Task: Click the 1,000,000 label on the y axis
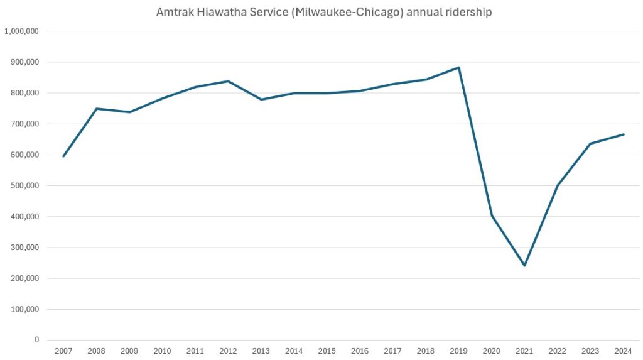click(x=22, y=31)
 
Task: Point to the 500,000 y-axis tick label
click(x=24, y=186)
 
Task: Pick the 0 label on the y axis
click(x=36, y=340)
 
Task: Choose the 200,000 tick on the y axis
click(x=24, y=278)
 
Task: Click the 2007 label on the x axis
click(x=63, y=351)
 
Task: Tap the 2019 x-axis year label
click(x=458, y=351)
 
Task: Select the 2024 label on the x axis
click(x=623, y=351)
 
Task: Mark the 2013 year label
click(x=261, y=351)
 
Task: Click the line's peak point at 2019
click(x=458, y=67)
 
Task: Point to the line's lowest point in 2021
click(x=524, y=265)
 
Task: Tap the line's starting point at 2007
click(x=63, y=156)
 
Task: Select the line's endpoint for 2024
click(x=623, y=134)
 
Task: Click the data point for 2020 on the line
click(x=492, y=215)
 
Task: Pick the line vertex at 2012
click(x=228, y=81)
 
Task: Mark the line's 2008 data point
click(x=97, y=109)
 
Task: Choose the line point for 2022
click(x=558, y=185)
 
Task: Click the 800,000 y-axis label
click(x=24, y=93)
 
